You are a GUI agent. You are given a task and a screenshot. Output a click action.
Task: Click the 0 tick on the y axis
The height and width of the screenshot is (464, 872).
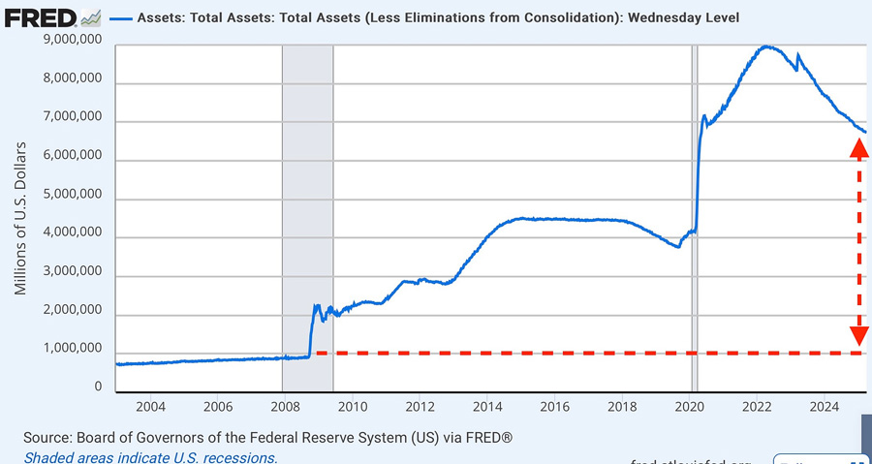[98, 387]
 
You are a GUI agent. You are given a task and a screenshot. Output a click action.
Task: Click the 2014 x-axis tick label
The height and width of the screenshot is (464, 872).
[487, 406]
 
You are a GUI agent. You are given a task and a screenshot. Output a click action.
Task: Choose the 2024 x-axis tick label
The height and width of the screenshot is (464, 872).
[824, 406]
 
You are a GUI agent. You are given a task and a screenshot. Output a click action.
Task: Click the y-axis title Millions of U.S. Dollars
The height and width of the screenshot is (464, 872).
[20, 222]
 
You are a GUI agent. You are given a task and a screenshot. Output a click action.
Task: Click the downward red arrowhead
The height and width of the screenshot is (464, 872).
[858, 336]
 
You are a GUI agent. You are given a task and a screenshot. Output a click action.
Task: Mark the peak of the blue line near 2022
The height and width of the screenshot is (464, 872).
[766, 46]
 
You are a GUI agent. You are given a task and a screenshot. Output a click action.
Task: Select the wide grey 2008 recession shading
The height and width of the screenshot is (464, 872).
[306, 194]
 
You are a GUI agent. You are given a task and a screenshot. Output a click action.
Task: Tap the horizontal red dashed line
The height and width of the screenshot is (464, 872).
[581, 353]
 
